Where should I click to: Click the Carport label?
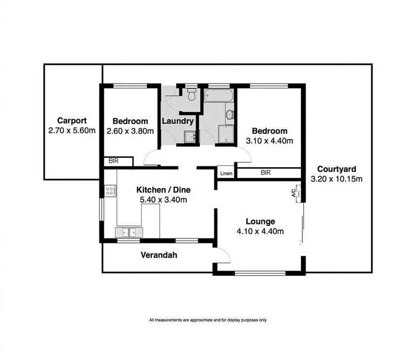click(71, 121)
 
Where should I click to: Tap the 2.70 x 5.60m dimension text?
click(71, 131)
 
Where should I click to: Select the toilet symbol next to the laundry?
click(191, 95)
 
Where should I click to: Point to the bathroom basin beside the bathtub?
click(230, 115)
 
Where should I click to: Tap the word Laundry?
click(177, 121)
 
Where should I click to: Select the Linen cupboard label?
click(226, 174)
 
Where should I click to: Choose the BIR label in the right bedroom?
click(266, 173)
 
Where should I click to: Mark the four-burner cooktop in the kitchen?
click(109, 191)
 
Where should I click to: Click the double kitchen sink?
click(129, 232)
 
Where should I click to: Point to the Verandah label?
click(159, 256)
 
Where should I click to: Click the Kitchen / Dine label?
click(163, 190)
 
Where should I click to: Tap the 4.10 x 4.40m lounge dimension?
click(260, 231)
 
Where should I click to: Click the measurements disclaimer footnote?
click(208, 320)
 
